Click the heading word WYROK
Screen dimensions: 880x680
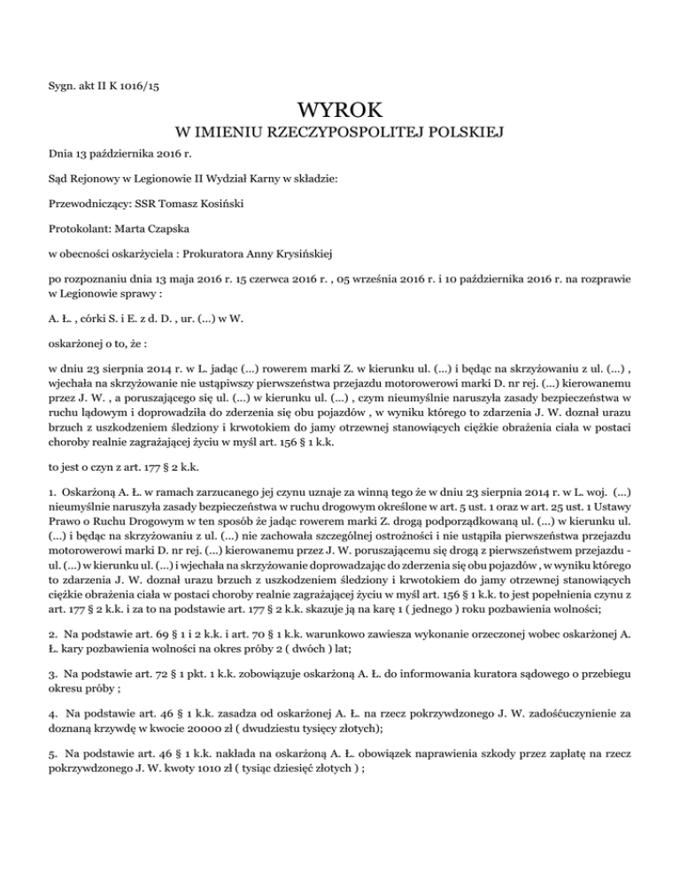click(x=340, y=112)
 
